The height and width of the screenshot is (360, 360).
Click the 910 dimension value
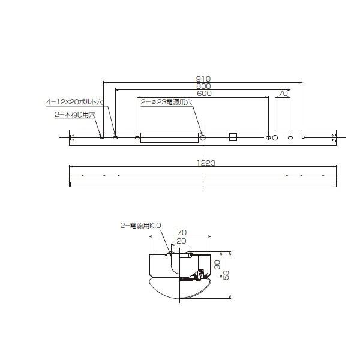[202, 79]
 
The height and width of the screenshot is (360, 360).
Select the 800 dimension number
[202, 86]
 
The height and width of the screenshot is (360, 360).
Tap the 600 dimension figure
[202, 94]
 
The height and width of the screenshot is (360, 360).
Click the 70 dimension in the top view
[283, 94]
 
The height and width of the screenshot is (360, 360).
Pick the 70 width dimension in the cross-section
[182, 233]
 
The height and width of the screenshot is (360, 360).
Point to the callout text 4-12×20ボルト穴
[74, 103]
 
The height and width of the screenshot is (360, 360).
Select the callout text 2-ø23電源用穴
[166, 103]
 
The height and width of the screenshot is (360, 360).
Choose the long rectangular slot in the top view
[170, 138]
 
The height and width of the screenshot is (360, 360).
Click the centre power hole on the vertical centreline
[203, 138]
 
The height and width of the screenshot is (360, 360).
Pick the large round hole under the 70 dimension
[275, 138]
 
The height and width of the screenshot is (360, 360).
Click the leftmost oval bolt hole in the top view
[116, 138]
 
